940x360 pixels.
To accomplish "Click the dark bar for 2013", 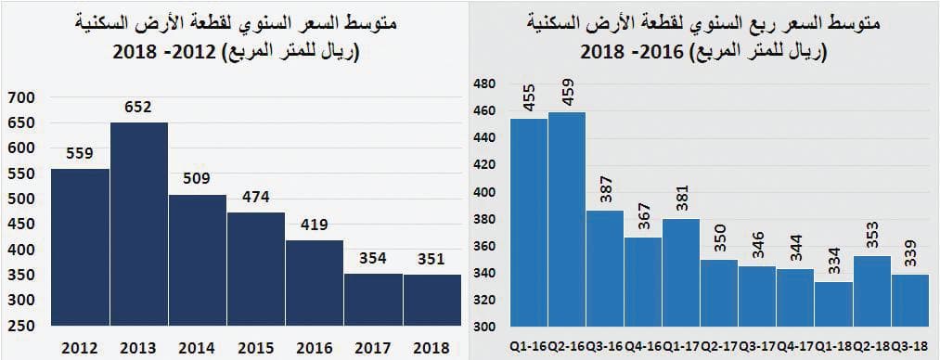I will pos(139,223).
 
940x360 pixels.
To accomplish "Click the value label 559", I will pos(80,155).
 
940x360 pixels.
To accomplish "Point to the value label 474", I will pos(256,198).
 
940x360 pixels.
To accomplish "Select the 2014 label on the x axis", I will pos(198,346).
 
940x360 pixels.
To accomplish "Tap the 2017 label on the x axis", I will pos(373,346).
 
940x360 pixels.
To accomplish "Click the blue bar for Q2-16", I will pos(567,219).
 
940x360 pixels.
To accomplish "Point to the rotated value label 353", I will pos(871,236).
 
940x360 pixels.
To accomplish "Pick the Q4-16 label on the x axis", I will pos(642,346).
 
